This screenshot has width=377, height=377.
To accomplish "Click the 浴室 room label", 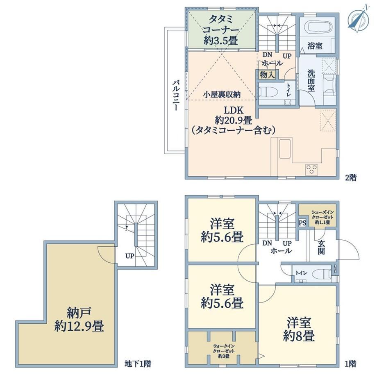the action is click(315, 45).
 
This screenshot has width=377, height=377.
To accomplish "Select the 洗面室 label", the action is click(311, 81).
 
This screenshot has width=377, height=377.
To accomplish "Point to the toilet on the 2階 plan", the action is click(268, 92).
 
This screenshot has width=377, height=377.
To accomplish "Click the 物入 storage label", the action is click(267, 75).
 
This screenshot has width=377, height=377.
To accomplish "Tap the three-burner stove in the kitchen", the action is click(312, 169).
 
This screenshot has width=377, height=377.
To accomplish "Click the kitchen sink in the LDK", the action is click(285, 148).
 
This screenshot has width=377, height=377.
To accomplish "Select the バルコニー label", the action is click(175, 95).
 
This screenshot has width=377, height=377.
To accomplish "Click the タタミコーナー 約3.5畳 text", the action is click(221, 30).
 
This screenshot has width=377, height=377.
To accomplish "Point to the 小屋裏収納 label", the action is click(221, 95).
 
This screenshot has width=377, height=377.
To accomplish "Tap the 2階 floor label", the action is click(351, 178).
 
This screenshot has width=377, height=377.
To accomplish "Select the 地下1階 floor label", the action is click(138, 364).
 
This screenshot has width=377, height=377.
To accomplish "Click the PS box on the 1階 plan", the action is click(302, 223).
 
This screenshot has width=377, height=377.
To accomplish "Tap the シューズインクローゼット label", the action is click(322, 214).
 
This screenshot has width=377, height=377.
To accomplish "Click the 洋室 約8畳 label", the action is click(299, 329).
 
